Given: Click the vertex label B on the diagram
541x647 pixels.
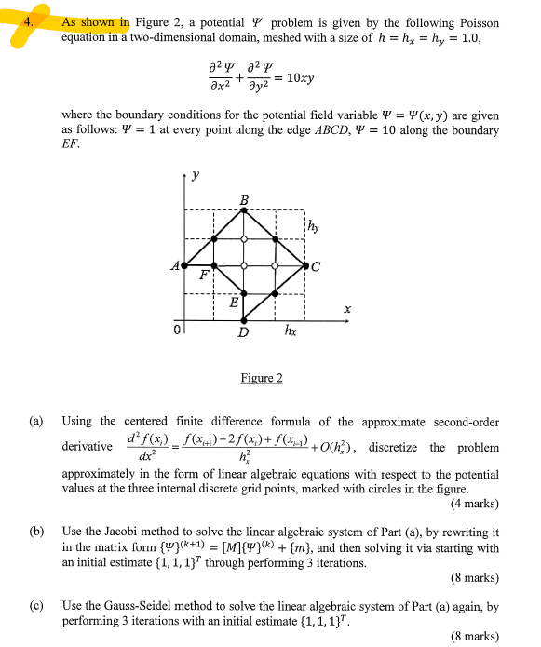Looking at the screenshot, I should coord(244,200).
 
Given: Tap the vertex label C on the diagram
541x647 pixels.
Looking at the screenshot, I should coord(317,268).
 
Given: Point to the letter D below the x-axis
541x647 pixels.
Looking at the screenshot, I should coord(244,332).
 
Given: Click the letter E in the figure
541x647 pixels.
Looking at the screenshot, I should coord(235,303).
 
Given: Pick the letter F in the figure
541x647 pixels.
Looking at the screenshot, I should coord(205,276).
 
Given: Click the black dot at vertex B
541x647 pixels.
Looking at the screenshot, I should coord(244,210).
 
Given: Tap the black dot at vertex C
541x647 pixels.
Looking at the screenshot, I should coord(306,266).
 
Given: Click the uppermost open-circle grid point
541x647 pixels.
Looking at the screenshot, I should coord(244,239).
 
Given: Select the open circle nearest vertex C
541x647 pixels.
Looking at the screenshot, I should coord(276,266).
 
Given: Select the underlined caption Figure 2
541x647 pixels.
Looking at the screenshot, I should coord(261,378).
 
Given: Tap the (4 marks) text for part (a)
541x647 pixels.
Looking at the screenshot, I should coord(474,504).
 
